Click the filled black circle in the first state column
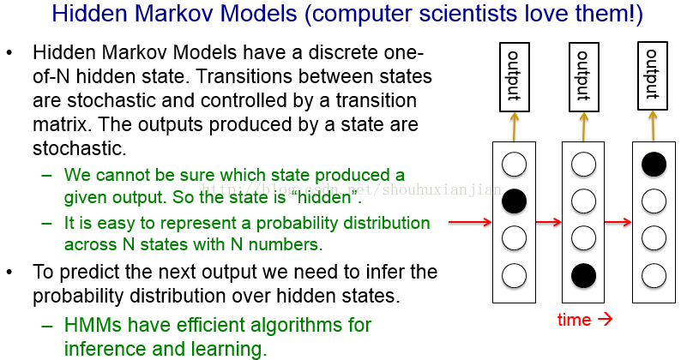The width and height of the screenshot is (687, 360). click(514, 201)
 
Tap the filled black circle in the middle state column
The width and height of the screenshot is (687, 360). click(583, 276)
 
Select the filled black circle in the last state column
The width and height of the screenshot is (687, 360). click(654, 165)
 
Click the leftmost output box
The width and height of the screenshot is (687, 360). click(515, 76)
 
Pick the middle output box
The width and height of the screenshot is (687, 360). click(583, 76)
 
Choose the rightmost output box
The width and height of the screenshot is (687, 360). click(653, 75)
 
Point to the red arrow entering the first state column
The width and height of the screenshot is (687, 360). click(470, 222)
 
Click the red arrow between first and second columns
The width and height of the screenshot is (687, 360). click(549, 222)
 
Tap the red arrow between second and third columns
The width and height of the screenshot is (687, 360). click(618, 222)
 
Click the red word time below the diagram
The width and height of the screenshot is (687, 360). click(574, 320)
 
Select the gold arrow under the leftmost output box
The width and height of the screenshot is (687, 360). click(514, 127)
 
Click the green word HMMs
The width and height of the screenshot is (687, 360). click(93, 325)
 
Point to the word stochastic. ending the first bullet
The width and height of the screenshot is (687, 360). click(79, 148)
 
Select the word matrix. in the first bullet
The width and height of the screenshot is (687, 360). click(62, 124)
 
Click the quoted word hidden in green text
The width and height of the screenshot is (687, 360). click(324, 197)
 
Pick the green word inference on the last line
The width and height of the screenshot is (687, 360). click(105, 349)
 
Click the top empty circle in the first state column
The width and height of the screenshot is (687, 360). click(514, 165)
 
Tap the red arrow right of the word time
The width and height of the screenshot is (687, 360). click(605, 319)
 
